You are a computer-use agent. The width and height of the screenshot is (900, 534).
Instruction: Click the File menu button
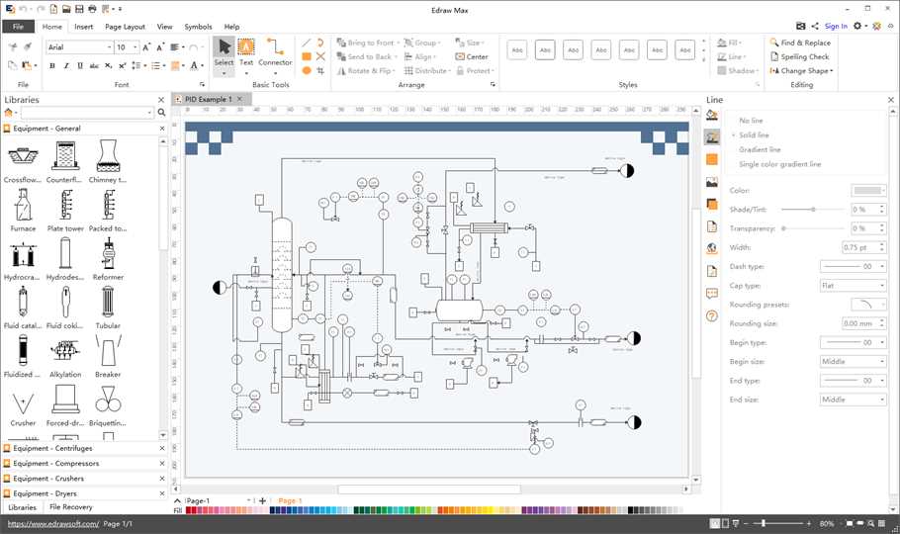[x=18, y=27]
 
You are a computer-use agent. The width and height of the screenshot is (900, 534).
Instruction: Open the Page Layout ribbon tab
[x=125, y=27]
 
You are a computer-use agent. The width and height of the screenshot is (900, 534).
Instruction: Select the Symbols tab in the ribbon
[x=198, y=27]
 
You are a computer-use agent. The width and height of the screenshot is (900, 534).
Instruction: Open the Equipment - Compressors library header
[x=56, y=463]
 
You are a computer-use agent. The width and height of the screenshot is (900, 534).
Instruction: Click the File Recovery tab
[x=71, y=507]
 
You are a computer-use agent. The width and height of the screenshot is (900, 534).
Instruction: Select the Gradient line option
[x=760, y=149]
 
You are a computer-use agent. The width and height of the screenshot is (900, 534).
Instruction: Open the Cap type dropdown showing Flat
[x=853, y=285]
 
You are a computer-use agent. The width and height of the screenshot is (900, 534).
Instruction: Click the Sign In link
[x=836, y=27]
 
